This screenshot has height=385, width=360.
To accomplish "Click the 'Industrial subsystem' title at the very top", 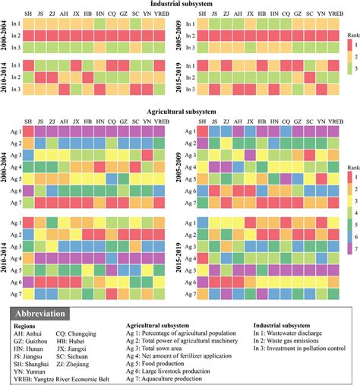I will pyautogui.click(x=180, y=5).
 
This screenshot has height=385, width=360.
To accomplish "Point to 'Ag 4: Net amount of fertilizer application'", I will pyautogui.click(x=178, y=355).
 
